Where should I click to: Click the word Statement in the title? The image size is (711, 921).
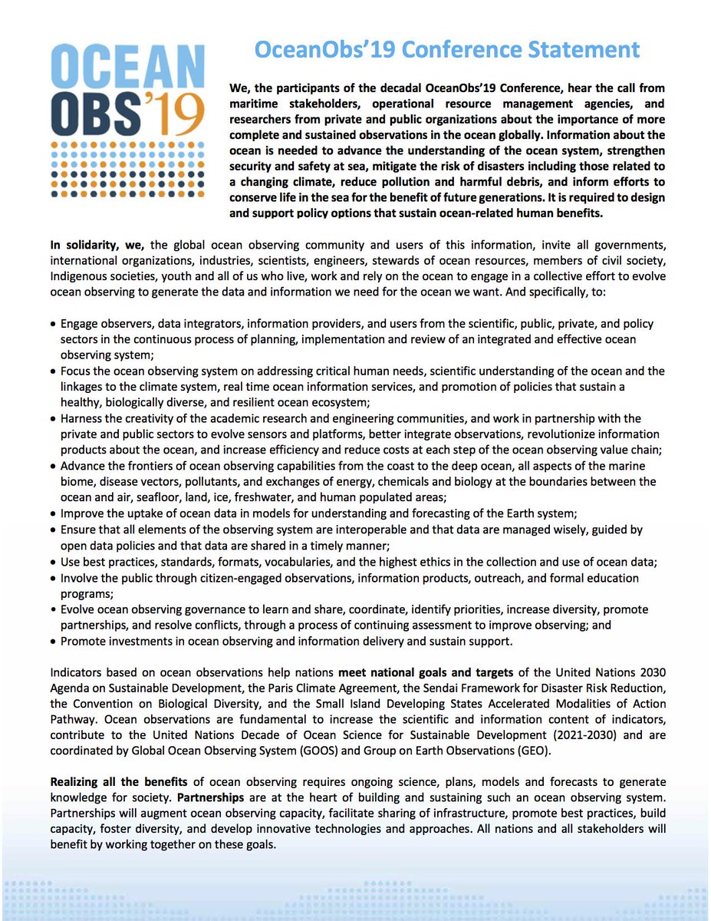[x=580, y=50]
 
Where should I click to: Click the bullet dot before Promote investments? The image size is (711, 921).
[x=53, y=641]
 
